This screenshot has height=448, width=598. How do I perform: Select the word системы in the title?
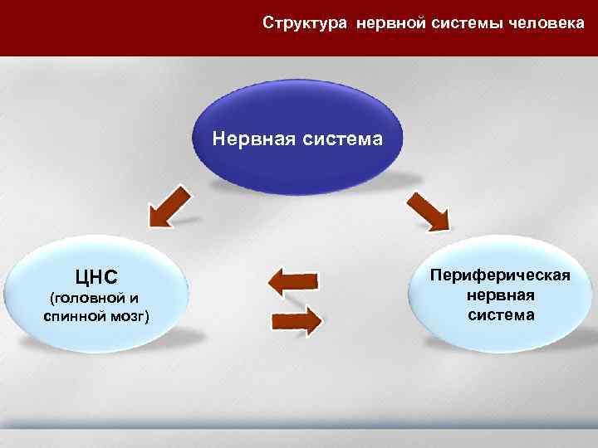[x=463, y=22]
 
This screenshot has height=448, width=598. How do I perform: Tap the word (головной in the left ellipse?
[x=84, y=299]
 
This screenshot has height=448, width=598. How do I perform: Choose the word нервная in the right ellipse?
[x=500, y=295]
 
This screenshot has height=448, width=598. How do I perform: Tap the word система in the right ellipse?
[x=500, y=315]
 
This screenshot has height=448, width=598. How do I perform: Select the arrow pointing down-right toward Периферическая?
[x=428, y=211]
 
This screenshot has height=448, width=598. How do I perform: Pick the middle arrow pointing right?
[x=297, y=319]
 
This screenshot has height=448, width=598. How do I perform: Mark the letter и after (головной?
[x=134, y=299]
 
